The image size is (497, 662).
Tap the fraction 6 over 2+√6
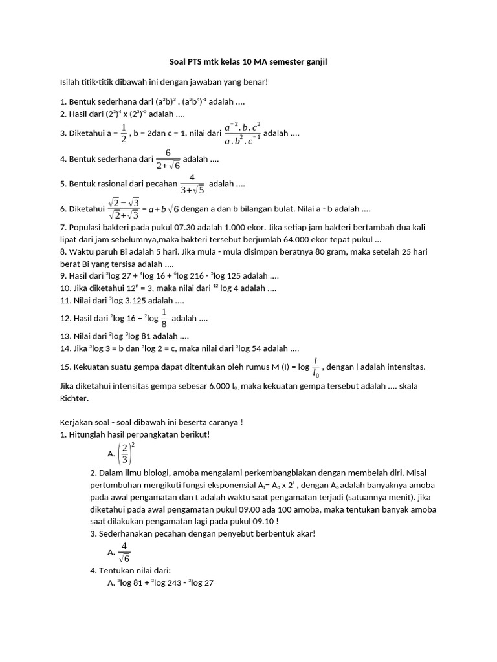point(167,159)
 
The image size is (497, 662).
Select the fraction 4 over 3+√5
point(192,184)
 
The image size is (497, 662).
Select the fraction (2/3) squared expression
point(127,453)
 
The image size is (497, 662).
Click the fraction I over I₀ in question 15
point(315,367)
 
